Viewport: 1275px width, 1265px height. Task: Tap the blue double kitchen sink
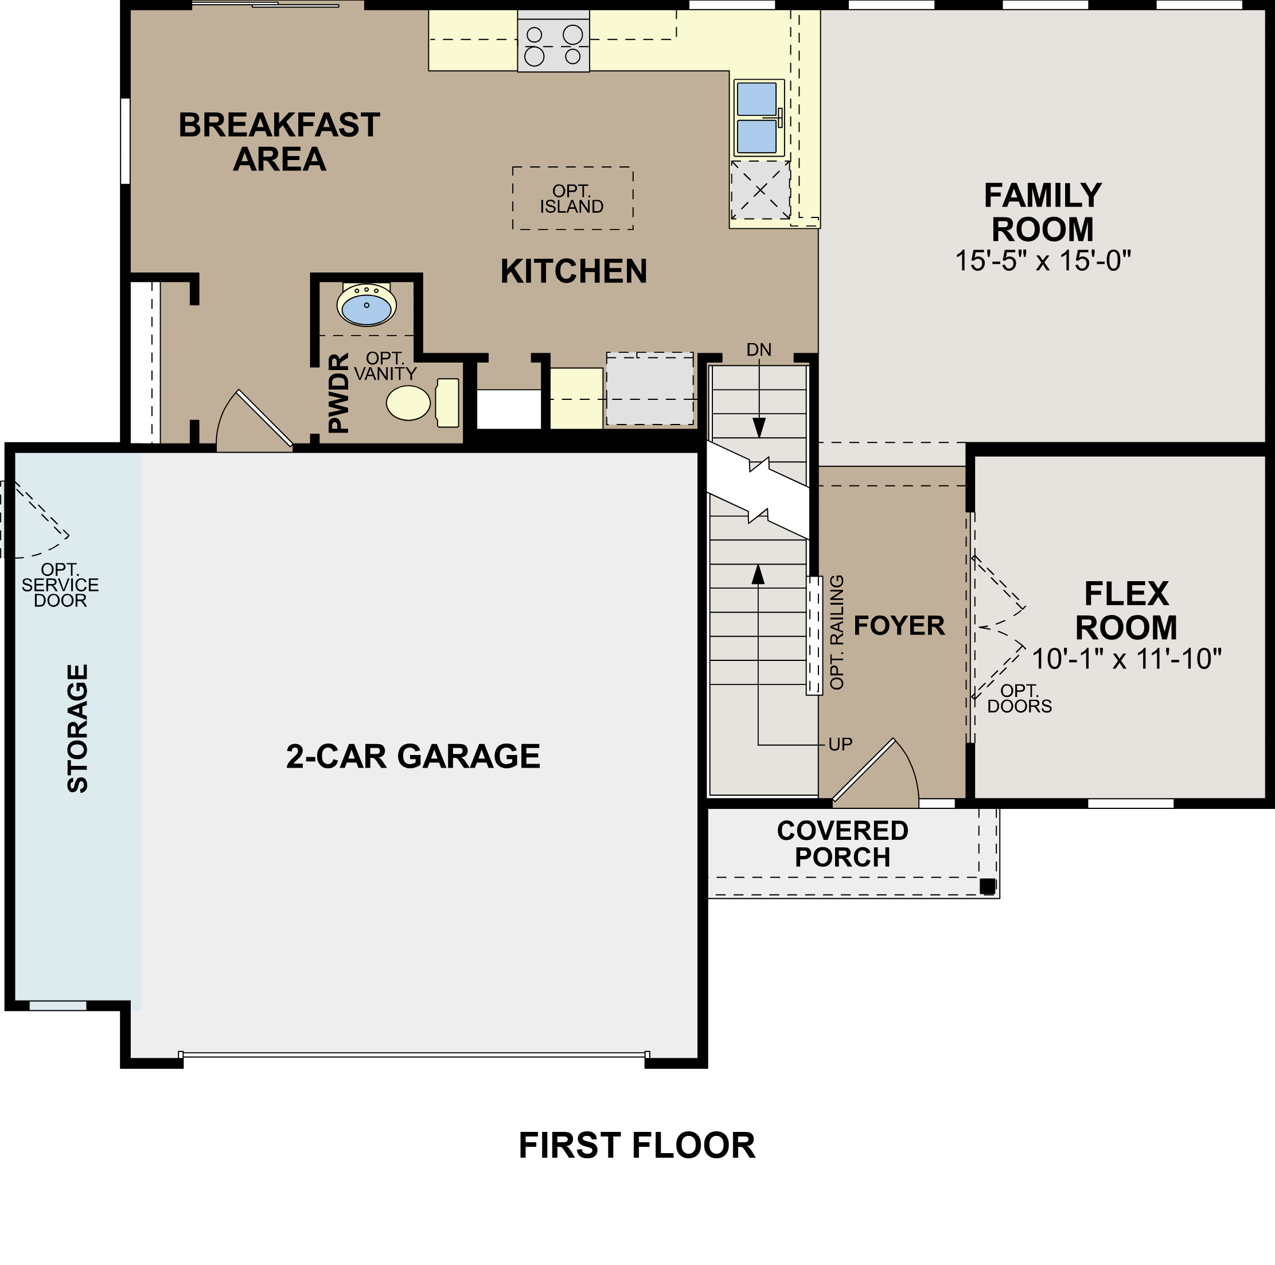click(758, 118)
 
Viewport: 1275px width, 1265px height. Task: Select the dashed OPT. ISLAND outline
click(572, 198)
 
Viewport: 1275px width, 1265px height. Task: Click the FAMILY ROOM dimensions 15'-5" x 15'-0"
click(1043, 262)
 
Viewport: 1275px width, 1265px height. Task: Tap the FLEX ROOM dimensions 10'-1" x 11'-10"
click(1126, 659)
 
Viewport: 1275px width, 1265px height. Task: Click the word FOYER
click(899, 626)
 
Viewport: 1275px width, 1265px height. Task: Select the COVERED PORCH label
click(842, 844)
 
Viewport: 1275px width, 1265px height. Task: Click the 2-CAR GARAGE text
click(413, 757)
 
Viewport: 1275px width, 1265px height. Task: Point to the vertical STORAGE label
click(78, 728)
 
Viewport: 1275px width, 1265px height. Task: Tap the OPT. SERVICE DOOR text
click(60, 585)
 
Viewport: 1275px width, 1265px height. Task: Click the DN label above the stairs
click(758, 350)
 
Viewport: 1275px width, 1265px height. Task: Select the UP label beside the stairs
click(840, 745)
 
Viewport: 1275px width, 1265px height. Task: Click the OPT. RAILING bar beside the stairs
click(814, 635)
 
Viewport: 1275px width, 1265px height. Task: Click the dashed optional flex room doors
click(998, 627)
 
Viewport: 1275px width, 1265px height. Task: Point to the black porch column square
click(987, 887)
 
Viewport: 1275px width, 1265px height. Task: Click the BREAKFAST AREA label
click(279, 142)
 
